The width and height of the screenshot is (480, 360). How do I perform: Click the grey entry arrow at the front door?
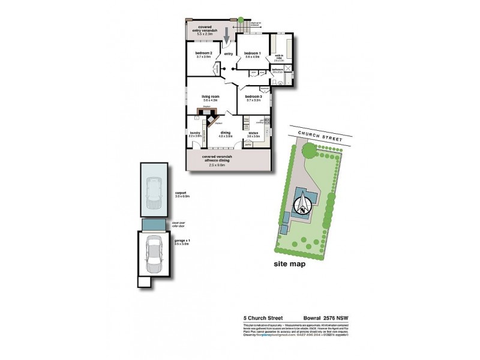tap(227, 34)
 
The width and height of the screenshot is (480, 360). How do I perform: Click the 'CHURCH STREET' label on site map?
tap(316, 134)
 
